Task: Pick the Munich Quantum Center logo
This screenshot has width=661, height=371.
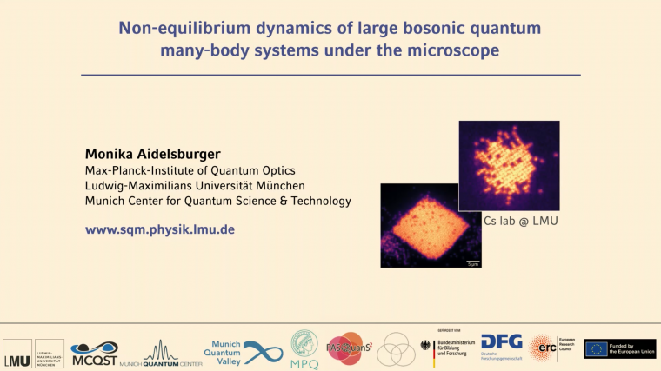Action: click(x=161, y=353)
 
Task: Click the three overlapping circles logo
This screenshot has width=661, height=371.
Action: click(x=397, y=349)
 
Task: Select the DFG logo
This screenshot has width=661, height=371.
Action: click(x=501, y=348)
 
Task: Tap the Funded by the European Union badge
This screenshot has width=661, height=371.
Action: click(x=619, y=349)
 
